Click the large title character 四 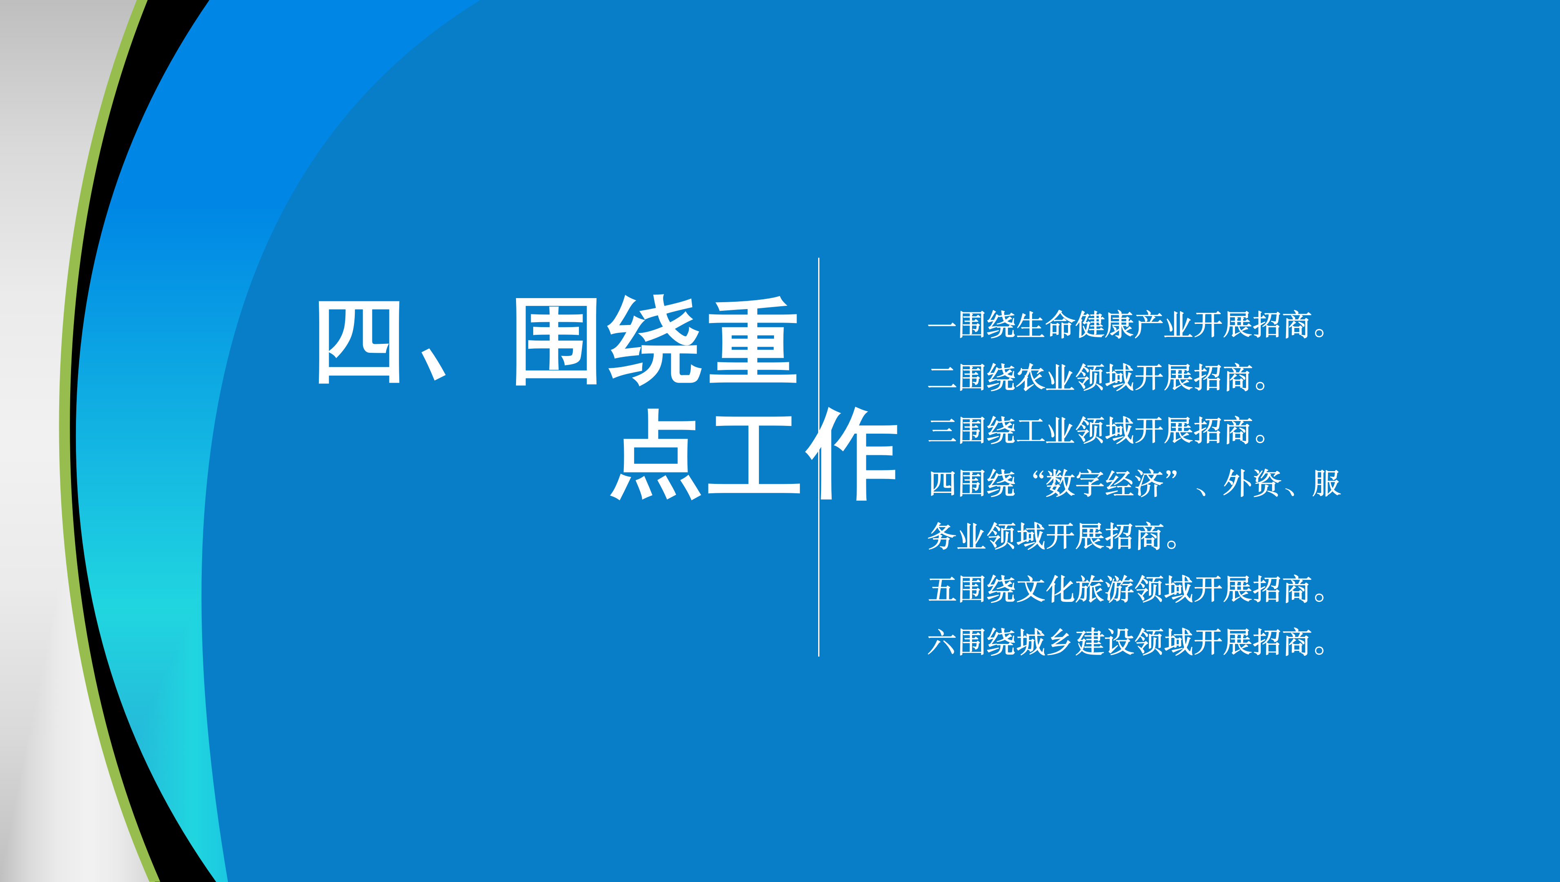point(358,342)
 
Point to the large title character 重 point(753,341)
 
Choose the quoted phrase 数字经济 point(1105,483)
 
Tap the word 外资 point(1252,483)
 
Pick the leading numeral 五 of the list point(942,589)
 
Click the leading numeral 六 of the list point(942,642)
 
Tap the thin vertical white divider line point(819,457)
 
